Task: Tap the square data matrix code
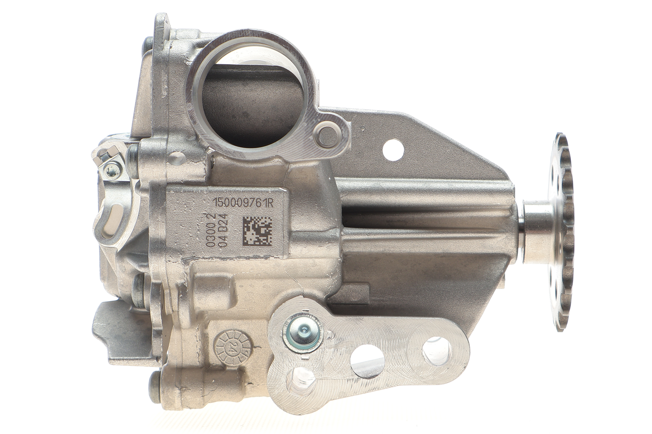(258, 231)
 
